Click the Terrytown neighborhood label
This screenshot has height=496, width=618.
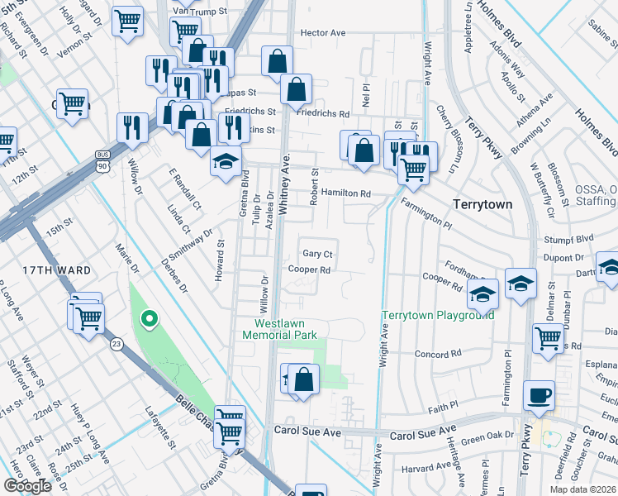point(483,203)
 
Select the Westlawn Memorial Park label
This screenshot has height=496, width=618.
point(286,328)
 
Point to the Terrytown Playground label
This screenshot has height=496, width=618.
point(438,315)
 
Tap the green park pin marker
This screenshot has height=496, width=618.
point(149,317)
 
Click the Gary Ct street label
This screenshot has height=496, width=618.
point(317,254)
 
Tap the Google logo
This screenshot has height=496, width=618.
point(28,486)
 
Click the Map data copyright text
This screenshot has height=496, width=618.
point(582,489)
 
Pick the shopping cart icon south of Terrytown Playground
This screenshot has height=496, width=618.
point(548,338)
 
